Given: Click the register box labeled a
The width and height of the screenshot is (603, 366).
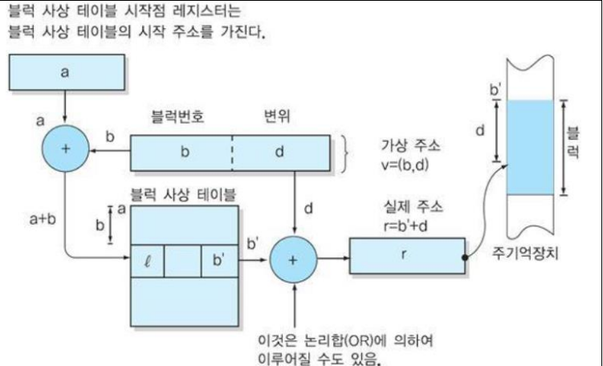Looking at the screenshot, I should pyautogui.click(x=66, y=71).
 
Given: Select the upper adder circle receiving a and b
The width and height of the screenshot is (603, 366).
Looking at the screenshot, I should pyautogui.click(x=66, y=149).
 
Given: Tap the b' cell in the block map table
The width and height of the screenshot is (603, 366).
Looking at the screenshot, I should pyautogui.click(x=219, y=262).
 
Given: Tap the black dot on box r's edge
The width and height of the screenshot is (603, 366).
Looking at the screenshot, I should pyautogui.click(x=465, y=258).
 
